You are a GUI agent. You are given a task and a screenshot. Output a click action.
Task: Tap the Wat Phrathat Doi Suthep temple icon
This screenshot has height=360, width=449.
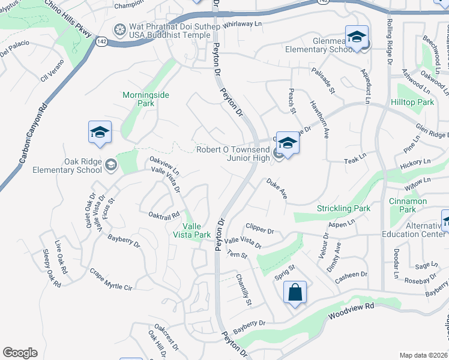pos(120,29)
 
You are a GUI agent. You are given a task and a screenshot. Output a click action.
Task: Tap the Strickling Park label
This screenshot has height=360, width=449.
pos(343,209)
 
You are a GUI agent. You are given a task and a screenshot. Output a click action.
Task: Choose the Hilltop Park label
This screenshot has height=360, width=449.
pos(416,103)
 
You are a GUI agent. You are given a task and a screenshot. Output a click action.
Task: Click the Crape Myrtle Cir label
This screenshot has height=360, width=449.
pos(110,280)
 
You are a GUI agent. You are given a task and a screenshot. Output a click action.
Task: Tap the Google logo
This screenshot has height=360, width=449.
pos(20,353)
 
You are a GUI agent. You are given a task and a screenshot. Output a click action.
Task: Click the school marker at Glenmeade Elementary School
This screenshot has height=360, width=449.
pos(357,38)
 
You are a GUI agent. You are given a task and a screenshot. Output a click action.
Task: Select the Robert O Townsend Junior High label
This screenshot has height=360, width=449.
pos(234,154)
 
